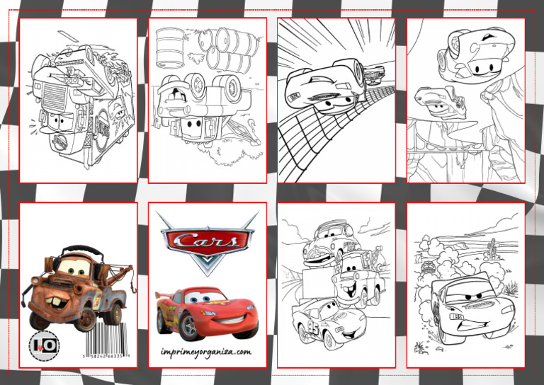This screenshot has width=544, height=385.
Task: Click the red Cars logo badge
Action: (x=207, y=241)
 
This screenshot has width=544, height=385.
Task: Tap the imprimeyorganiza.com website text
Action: (x=207, y=351)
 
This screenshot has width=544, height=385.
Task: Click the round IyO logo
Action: (x=43, y=345)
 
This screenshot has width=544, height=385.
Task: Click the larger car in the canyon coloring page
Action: (x=475, y=52)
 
